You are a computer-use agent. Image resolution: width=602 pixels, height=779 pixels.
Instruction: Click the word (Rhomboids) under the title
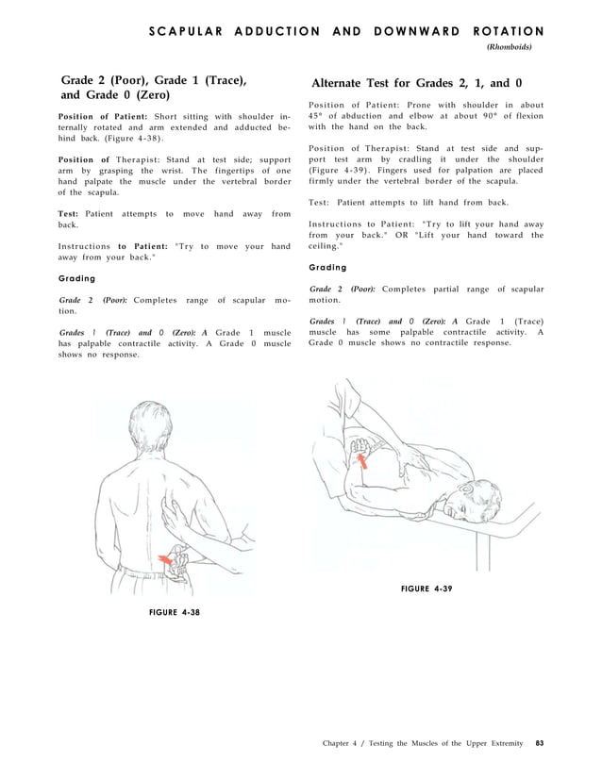coord(509,46)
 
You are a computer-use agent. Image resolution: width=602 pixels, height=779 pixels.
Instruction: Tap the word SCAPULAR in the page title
coord(183,31)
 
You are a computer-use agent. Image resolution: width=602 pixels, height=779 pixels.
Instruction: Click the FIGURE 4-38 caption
coord(175,612)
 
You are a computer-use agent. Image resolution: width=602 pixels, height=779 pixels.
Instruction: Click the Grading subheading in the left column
coord(76,278)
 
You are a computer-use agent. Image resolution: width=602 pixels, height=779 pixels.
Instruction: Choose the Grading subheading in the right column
coord(327,267)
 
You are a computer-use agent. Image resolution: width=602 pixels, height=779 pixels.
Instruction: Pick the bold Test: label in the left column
coord(68,214)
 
